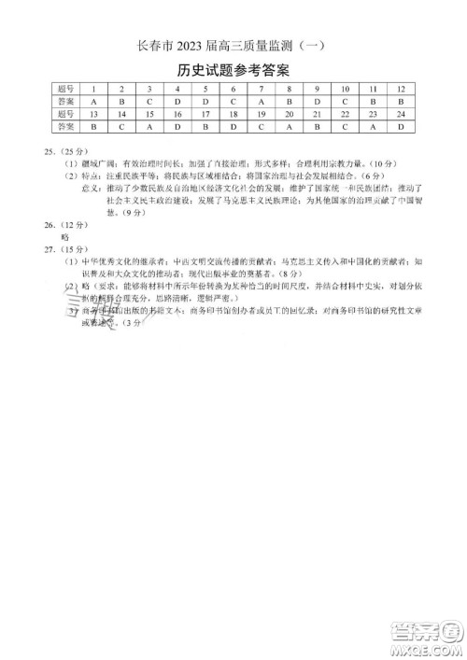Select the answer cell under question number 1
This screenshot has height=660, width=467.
pos(94,100)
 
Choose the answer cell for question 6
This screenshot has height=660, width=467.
pos(233,100)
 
